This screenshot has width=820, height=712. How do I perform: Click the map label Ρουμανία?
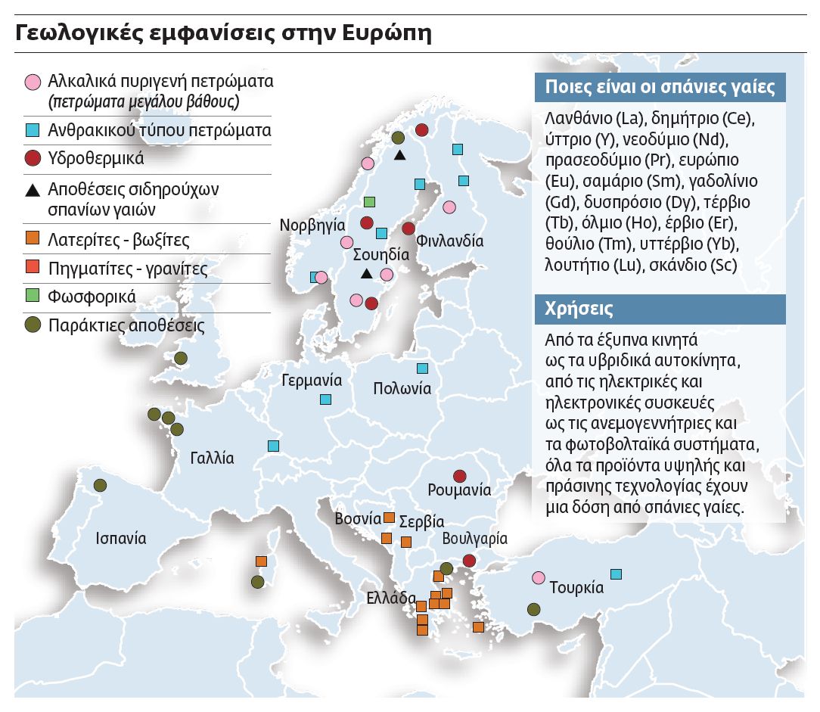tap(459, 490)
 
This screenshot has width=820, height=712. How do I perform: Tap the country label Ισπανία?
tap(121, 539)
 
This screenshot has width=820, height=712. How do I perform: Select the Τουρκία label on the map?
tap(576, 587)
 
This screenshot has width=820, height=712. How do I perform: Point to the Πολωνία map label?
tap(402, 389)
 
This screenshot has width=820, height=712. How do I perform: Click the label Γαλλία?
tap(212, 459)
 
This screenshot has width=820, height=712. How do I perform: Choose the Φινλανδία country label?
tap(450, 241)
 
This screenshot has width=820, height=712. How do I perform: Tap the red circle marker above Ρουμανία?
tap(459, 476)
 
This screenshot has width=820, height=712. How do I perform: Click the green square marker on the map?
tap(369, 202)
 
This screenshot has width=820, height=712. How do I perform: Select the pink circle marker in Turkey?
tap(539, 578)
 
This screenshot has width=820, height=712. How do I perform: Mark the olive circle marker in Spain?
tap(100, 485)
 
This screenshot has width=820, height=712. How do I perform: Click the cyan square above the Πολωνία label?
tap(422, 368)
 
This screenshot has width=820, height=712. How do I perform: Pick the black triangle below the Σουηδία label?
tap(366, 273)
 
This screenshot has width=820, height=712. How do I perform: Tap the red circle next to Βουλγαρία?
tap(469, 561)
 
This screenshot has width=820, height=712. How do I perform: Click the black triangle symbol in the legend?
tap(33, 189)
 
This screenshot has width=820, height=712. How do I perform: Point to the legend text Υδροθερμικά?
tap(95, 160)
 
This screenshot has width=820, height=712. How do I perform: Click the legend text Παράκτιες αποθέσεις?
tap(126, 326)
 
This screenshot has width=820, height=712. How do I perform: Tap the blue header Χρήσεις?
tap(579, 309)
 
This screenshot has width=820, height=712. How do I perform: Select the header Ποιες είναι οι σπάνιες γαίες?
tap(660, 86)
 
